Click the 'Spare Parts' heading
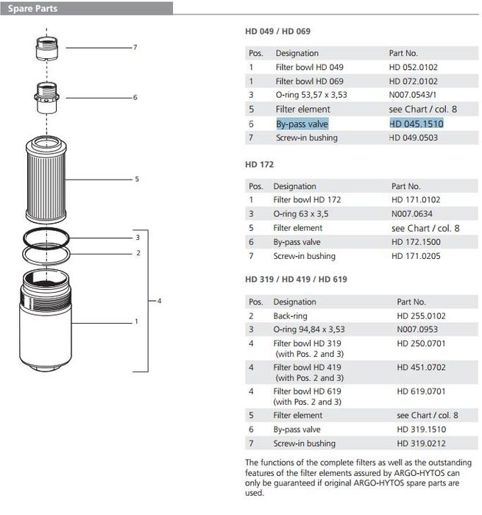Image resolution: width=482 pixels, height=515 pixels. tap(33, 9)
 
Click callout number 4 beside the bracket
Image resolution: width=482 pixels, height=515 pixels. tap(160, 301)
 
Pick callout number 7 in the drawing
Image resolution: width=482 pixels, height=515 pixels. tap(135, 48)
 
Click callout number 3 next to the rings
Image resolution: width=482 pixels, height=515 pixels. tap(138, 238)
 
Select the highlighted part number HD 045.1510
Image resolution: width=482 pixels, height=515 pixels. tap(417, 124)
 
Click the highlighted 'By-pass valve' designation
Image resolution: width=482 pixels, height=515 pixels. tap(302, 124)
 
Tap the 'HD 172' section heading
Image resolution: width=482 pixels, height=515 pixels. tap(259, 165)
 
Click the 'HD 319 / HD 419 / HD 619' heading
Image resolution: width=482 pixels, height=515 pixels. tap(296, 280)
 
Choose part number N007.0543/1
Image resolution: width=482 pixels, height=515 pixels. tap(414, 95)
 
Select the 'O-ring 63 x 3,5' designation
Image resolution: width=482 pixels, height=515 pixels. tap(300, 214)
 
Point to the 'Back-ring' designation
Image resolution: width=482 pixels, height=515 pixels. tap(291, 316)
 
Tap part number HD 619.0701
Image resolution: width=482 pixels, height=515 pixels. tap(421, 391)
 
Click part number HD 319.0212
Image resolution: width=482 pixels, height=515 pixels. tap(422, 444)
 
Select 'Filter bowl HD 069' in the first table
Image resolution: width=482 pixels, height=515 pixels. tap(309, 81)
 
